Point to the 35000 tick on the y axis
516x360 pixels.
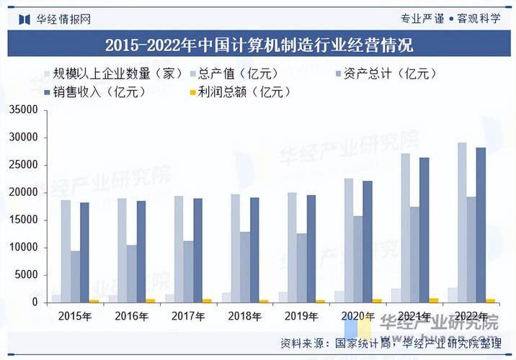(22, 110)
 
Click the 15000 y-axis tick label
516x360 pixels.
(22, 220)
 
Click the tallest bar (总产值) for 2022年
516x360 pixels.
(462, 223)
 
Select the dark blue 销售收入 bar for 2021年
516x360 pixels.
(424, 230)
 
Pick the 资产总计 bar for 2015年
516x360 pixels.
(75, 277)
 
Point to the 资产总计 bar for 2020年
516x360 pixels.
(358, 259)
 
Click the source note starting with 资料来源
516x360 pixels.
(389, 342)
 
